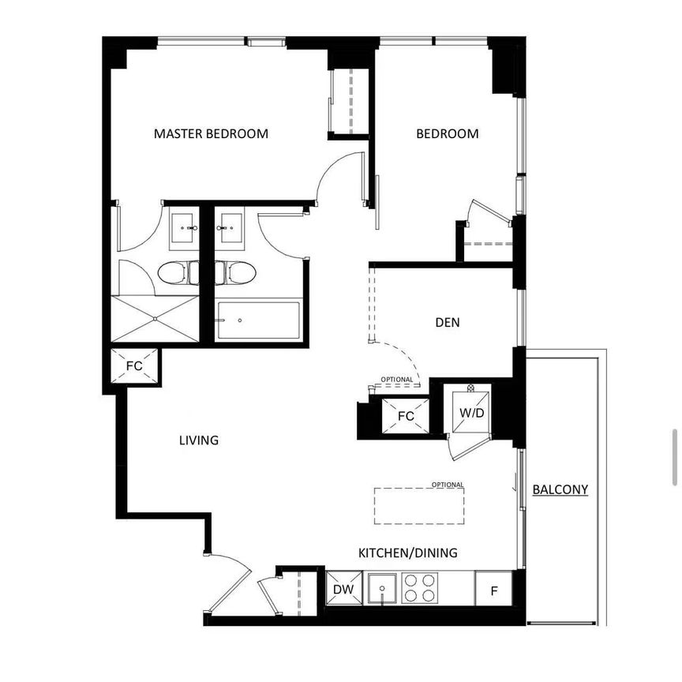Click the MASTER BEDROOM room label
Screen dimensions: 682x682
211,133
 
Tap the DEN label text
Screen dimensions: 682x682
447,322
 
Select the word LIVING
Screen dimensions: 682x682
198,440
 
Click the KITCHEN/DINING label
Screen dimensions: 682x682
407,553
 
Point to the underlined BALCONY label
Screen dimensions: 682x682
560,489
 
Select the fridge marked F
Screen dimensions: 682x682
493,589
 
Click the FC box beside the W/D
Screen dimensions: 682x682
406,416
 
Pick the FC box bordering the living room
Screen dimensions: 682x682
135,365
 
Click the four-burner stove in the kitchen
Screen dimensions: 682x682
419,588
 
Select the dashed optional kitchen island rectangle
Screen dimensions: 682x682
419,505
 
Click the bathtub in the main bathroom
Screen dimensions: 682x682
258,320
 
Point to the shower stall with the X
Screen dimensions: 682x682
155,318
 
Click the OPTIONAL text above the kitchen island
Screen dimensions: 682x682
447,485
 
